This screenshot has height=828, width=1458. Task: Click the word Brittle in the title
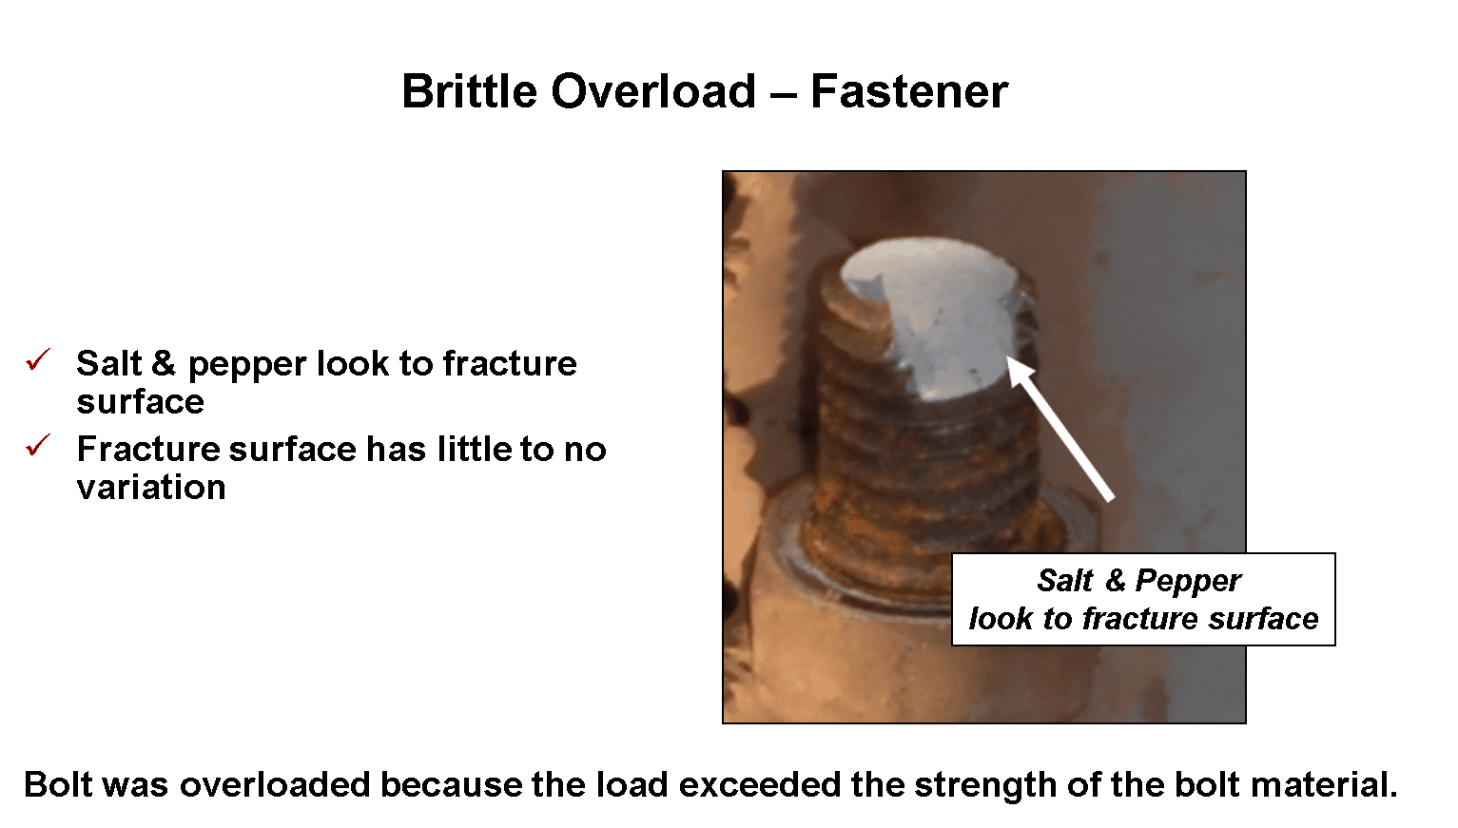(x=469, y=91)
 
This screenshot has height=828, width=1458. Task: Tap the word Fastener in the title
(x=908, y=91)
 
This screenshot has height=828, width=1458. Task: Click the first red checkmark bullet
(x=39, y=359)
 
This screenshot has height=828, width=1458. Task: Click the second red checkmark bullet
(x=39, y=444)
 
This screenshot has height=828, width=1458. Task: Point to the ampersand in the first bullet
(x=164, y=363)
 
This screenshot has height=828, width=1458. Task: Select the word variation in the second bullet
(x=151, y=488)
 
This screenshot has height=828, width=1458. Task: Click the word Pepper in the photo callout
(x=1188, y=580)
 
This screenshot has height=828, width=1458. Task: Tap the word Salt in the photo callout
(x=1064, y=580)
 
